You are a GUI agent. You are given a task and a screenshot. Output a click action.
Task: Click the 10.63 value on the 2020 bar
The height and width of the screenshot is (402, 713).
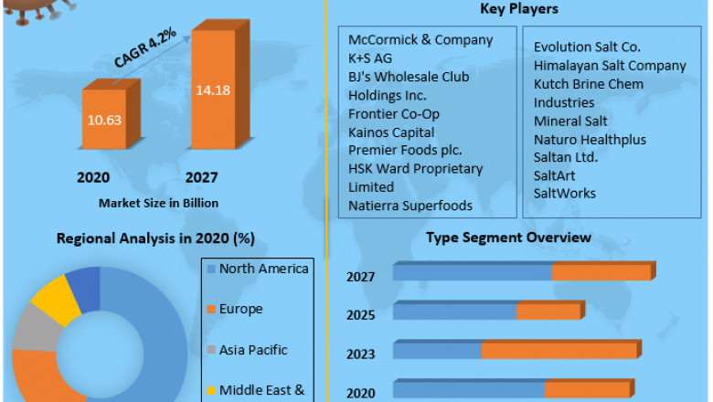[105, 121]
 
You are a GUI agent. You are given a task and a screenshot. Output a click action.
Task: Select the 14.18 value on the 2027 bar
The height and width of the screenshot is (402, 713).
[213, 90]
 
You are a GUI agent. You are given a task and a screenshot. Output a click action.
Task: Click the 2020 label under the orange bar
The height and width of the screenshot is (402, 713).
[93, 178]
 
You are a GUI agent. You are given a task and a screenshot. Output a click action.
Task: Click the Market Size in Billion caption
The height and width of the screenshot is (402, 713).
[157, 202]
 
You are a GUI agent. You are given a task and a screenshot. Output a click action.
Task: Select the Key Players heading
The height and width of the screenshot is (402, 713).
[519, 9]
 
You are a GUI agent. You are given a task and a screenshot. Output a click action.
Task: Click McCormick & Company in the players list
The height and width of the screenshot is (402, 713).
[420, 40]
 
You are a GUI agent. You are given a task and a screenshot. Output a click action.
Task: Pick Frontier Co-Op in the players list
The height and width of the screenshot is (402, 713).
[393, 114]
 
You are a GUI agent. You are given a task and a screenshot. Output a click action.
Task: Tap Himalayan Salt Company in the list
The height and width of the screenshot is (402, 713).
[610, 66]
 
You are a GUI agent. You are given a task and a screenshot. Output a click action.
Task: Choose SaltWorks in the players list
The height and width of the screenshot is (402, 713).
[564, 193]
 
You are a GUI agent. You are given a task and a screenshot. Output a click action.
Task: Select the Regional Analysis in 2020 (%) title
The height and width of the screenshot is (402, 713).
[155, 238]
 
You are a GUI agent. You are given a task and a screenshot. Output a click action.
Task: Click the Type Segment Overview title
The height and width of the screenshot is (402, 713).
[508, 238]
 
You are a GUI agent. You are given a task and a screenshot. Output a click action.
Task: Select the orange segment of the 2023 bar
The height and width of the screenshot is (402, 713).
[559, 351]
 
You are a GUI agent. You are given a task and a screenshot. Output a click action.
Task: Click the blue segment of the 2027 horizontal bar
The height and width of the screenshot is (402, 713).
[472, 272]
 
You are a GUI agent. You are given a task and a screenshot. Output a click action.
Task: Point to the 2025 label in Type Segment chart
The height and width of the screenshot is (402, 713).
[361, 314]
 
